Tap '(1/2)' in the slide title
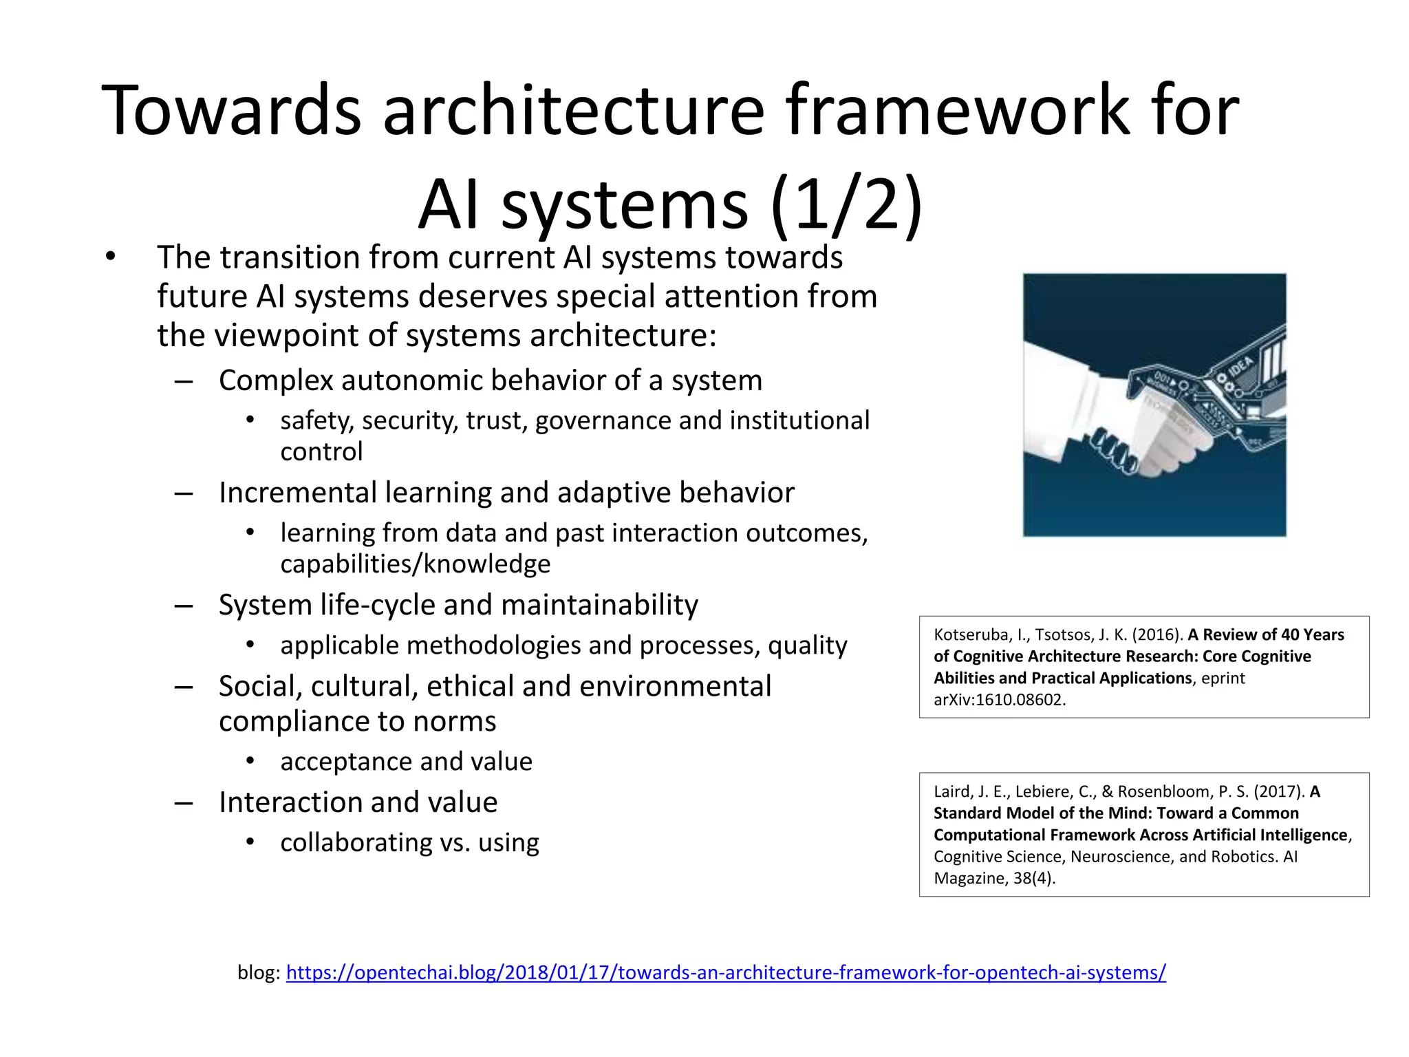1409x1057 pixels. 846,204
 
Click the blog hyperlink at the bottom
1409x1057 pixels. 726,972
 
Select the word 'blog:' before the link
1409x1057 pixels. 259,972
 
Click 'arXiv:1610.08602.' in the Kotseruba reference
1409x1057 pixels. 999,700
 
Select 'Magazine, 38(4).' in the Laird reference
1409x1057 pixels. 993,878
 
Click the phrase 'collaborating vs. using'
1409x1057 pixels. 409,842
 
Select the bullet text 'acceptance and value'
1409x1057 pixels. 406,762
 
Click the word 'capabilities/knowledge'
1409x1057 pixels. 415,564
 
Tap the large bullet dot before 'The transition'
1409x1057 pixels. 111,257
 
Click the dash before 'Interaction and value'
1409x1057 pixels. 184,803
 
